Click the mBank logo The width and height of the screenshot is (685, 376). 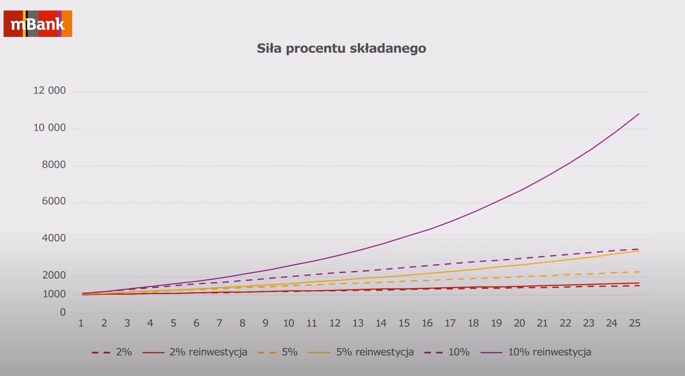(38, 24)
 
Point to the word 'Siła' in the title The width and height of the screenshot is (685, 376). (269, 48)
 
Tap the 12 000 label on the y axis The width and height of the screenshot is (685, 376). (50, 90)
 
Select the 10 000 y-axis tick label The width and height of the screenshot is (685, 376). (50, 128)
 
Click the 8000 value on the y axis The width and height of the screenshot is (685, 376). (54, 165)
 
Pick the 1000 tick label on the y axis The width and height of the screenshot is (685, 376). (54, 294)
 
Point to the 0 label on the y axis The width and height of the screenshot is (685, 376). (63, 312)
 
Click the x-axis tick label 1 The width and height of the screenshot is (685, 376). (81, 323)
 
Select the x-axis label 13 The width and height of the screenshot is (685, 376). (358, 323)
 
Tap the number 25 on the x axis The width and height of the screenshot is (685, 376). (635, 323)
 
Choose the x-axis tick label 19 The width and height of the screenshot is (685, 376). (496, 323)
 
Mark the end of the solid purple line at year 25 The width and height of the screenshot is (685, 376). (639, 114)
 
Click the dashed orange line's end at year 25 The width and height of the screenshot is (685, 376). (639, 272)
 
